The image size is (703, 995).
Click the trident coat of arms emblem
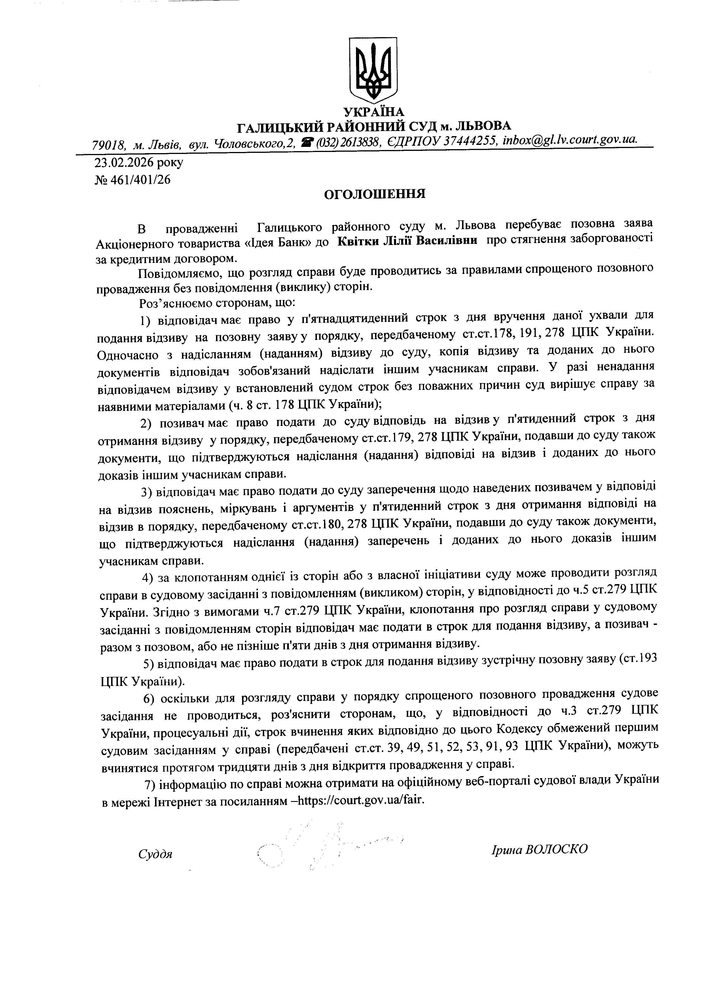(373, 69)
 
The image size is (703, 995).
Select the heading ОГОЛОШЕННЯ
(375, 194)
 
